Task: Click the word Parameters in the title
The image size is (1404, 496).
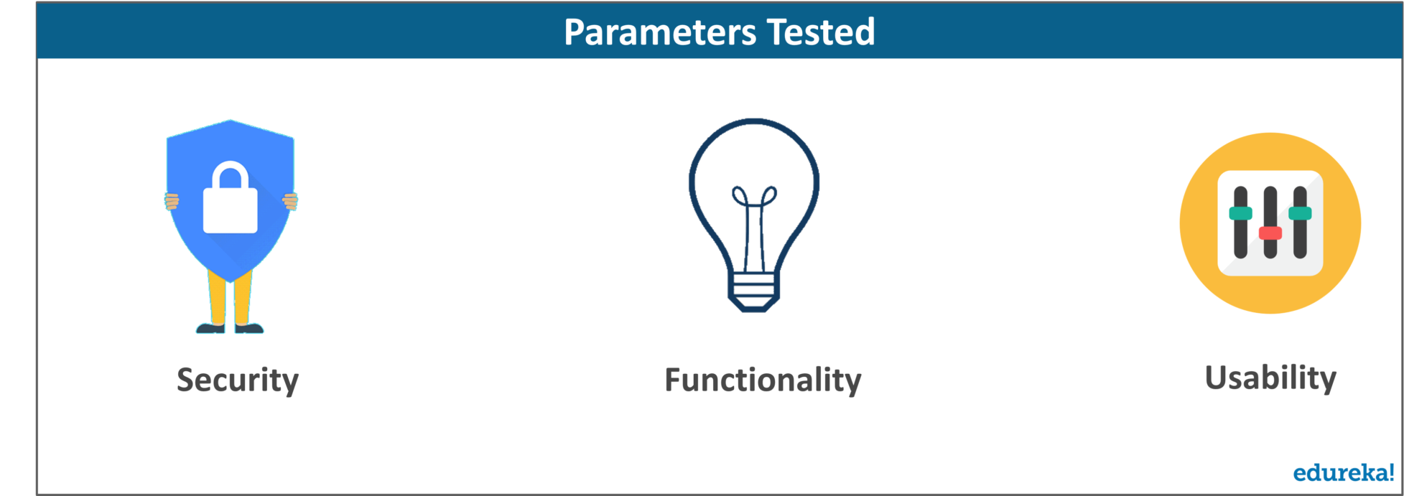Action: [x=660, y=32]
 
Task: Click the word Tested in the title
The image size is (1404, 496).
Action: [x=821, y=32]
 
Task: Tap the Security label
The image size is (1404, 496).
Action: [x=238, y=380]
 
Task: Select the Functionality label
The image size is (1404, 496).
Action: [x=763, y=380]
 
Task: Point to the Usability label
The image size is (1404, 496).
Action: [x=1270, y=378]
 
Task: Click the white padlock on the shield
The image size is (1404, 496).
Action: [x=230, y=197]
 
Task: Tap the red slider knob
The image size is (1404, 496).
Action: [x=1270, y=233]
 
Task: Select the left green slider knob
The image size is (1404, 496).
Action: [x=1240, y=213]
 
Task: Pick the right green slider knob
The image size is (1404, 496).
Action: [x=1300, y=213]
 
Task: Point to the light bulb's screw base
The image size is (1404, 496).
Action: [x=753, y=291]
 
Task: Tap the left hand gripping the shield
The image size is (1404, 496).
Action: [x=172, y=202]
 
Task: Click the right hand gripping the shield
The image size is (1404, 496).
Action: [x=290, y=202]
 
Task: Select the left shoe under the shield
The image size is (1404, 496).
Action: [x=210, y=328]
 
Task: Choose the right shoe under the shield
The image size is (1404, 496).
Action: [x=249, y=328]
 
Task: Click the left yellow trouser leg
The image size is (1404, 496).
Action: [x=217, y=298]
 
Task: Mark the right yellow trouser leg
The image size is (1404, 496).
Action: [x=243, y=298]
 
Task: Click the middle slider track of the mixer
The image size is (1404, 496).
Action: [x=1270, y=223]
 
